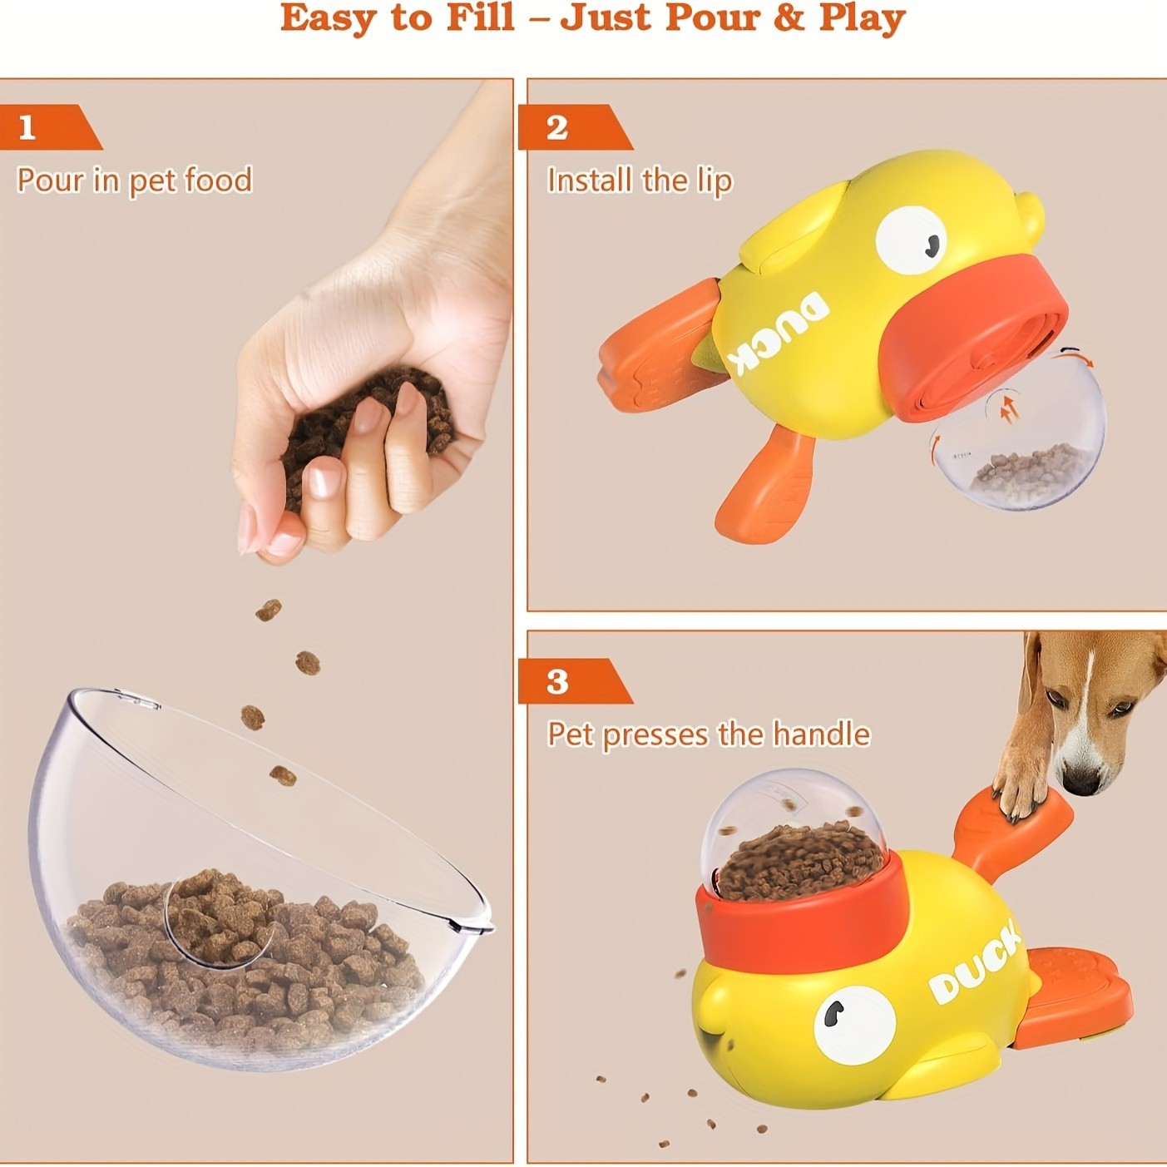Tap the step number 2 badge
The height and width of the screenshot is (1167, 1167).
coord(557,127)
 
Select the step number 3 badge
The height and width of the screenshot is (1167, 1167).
coord(557,681)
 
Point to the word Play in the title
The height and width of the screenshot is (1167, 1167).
coord(862,18)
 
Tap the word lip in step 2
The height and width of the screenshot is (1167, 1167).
coord(714,181)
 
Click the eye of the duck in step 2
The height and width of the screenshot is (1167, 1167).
coord(912,240)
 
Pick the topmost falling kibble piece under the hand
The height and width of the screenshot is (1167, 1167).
coord(269,611)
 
